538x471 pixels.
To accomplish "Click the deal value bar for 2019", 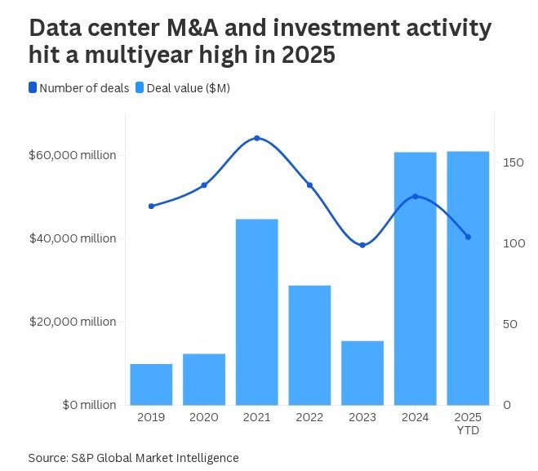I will pos(151,384).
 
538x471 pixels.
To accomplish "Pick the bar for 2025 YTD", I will pos(468,278).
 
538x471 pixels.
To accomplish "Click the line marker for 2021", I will pos(256,138).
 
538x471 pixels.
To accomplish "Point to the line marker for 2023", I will pos(362,245).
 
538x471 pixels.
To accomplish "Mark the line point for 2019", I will pos(151,206).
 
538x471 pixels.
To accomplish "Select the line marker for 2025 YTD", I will pos(468,237).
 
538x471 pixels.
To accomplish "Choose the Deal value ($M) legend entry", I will pos(182,88).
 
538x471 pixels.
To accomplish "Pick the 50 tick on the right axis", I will pos(509,324).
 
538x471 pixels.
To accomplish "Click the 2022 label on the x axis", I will pos(309,417).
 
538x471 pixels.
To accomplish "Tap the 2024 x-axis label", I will pos(415,417).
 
